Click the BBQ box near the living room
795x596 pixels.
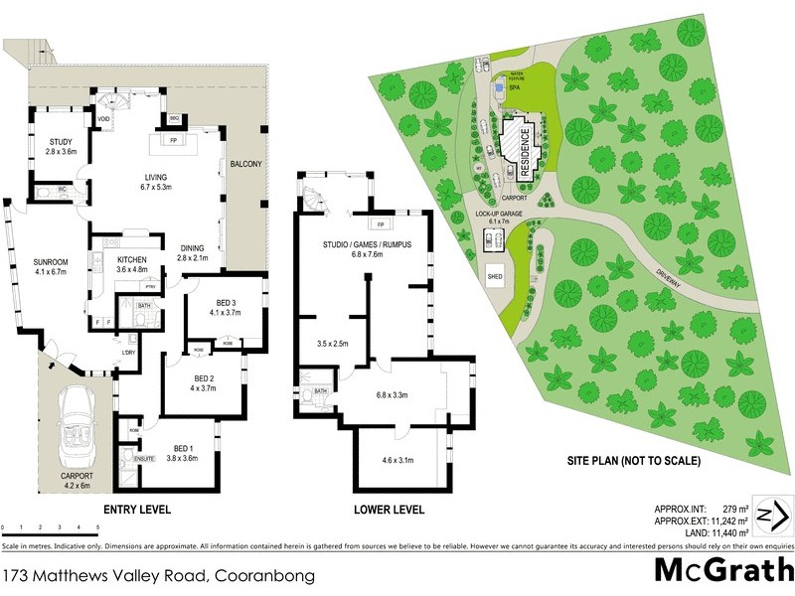175,118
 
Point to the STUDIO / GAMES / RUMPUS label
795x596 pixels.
366,244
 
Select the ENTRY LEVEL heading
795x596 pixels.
137,510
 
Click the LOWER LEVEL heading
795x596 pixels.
391,510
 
